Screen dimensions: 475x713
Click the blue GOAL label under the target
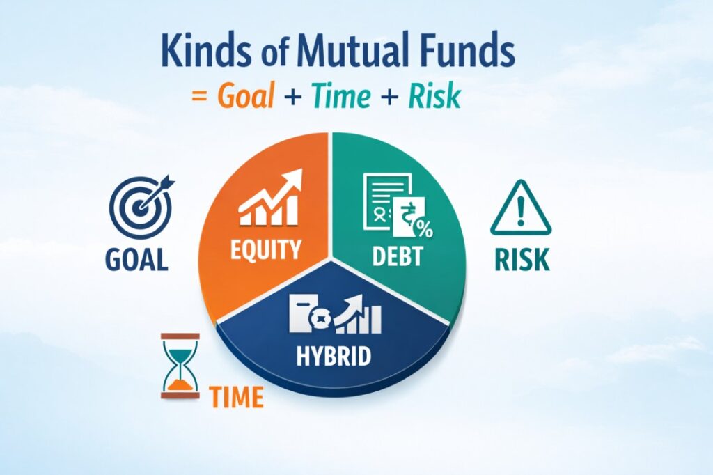(136, 259)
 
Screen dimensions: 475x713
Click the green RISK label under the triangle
(522, 259)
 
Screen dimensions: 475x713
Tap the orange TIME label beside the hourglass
(237, 397)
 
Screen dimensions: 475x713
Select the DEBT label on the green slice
(396, 255)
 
